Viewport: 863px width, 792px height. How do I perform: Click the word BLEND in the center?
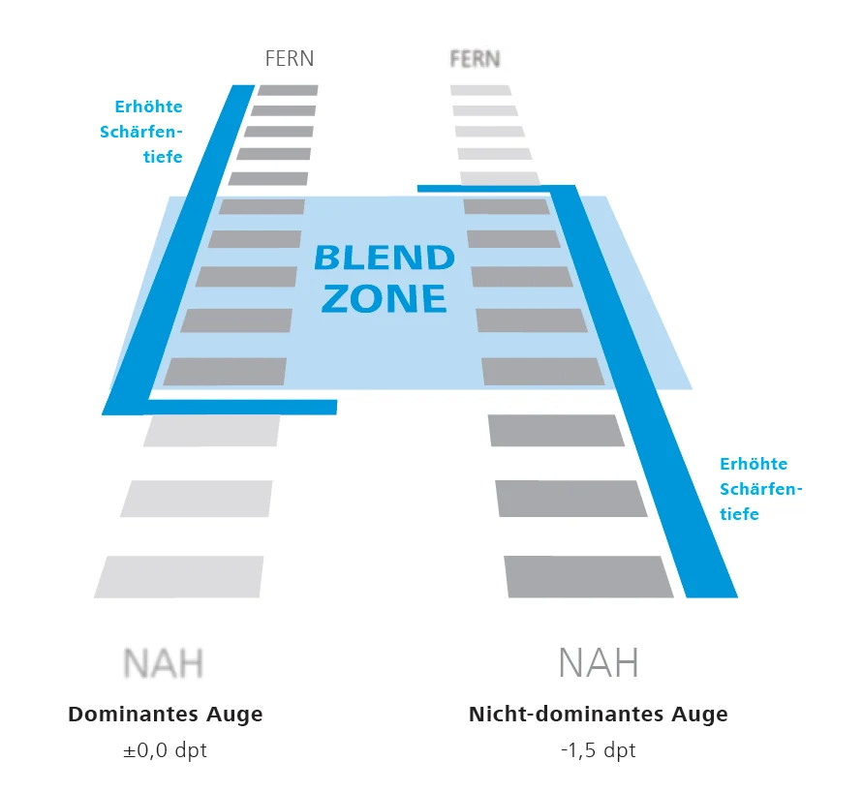tap(385, 259)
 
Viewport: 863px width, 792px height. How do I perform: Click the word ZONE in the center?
tap(385, 298)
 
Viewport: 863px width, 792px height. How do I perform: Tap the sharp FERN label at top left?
tap(290, 58)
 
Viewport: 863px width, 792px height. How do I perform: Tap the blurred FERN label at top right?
tap(476, 59)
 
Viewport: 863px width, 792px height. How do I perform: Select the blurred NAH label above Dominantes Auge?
tap(165, 664)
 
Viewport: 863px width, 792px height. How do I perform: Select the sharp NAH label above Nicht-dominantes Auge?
tap(599, 664)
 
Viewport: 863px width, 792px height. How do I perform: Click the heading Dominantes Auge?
tap(166, 715)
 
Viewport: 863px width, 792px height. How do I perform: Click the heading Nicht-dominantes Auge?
tap(599, 715)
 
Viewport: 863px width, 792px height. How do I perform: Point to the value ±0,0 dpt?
tap(166, 751)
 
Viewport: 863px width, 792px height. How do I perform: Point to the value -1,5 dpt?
tap(599, 751)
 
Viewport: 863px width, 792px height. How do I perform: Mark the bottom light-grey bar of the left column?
tap(179, 576)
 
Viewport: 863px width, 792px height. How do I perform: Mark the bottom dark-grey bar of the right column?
tap(588, 576)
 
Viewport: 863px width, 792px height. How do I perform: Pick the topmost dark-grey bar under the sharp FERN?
tap(288, 90)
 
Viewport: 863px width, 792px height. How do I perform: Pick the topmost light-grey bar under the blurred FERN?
tap(480, 90)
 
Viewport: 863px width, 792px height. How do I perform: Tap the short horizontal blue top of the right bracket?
tap(484, 186)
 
